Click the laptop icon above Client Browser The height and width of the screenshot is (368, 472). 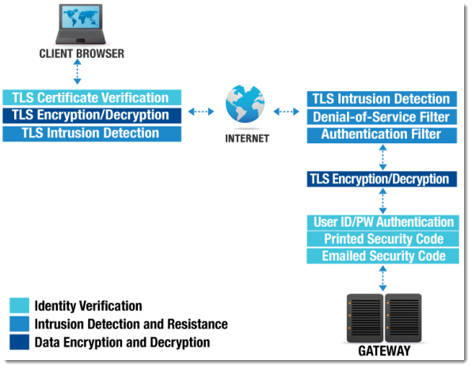point(80,24)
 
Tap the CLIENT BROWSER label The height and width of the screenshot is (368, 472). point(82,54)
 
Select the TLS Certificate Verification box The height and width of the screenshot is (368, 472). point(92,97)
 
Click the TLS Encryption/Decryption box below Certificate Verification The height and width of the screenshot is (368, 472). point(92,116)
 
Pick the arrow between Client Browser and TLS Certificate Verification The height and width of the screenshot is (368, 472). point(78,71)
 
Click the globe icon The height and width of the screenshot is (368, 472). point(245,104)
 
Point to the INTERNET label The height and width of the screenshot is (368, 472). point(247,138)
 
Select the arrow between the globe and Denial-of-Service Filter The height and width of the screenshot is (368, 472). point(286,112)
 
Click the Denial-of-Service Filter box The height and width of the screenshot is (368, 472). point(382,117)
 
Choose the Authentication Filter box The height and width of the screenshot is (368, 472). point(382,135)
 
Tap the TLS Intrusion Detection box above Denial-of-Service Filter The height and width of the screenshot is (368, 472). point(382,99)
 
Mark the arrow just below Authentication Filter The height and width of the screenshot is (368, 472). point(383,157)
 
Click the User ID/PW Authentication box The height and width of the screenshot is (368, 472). point(383,222)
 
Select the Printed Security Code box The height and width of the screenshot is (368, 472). point(383,239)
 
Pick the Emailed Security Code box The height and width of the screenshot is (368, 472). point(383,256)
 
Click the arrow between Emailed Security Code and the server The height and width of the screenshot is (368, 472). point(383,278)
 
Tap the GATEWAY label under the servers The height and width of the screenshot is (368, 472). point(384,351)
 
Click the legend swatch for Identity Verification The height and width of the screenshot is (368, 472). point(19,305)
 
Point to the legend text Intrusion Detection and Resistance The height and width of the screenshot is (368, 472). point(131,324)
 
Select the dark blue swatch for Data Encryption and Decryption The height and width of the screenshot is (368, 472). point(19,342)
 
